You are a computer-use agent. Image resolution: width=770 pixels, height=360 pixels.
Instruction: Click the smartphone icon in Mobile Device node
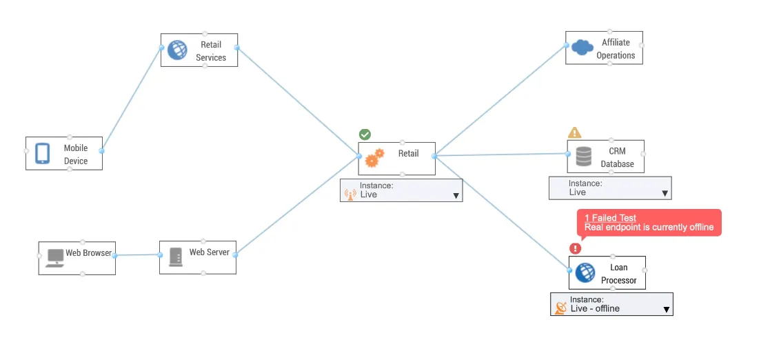(x=43, y=153)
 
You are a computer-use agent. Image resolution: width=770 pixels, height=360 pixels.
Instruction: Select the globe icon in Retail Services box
(x=177, y=50)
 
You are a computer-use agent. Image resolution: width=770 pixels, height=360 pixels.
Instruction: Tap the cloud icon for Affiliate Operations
(x=582, y=48)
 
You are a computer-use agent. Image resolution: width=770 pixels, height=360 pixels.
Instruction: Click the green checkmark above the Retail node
(x=365, y=134)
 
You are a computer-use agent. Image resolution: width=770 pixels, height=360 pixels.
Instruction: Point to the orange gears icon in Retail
(x=375, y=158)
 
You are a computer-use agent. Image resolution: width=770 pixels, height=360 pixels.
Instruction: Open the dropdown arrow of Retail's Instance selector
(x=456, y=196)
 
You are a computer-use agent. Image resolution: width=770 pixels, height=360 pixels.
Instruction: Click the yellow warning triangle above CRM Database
(x=574, y=132)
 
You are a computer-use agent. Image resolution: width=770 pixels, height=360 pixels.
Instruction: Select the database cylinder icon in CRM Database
(x=584, y=157)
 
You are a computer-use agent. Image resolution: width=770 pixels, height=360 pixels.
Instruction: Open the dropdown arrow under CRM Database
(x=665, y=194)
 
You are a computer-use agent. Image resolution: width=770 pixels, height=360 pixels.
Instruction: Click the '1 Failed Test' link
(x=610, y=218)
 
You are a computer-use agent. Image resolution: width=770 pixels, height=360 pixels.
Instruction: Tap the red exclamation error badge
(x=576, y=248)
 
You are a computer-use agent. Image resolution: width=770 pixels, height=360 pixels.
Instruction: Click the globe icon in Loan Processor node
(x=585, y=272)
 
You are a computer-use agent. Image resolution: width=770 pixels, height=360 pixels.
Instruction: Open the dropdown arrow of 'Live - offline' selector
(x=666, y=310)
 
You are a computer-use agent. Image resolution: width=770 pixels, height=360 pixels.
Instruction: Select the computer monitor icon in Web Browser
(x=54, y=258)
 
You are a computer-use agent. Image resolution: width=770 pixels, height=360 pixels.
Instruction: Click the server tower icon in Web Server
(x=176, y=257)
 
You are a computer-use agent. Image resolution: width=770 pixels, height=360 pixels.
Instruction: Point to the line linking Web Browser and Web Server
(x=137, y=255)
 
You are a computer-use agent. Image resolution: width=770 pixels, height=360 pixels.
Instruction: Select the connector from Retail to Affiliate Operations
(x=500, y=101)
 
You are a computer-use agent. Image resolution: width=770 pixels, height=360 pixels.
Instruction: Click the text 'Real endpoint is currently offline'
(x=649, y=228)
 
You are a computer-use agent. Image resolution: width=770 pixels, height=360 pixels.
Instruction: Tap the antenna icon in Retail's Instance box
(x=349, y=194)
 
